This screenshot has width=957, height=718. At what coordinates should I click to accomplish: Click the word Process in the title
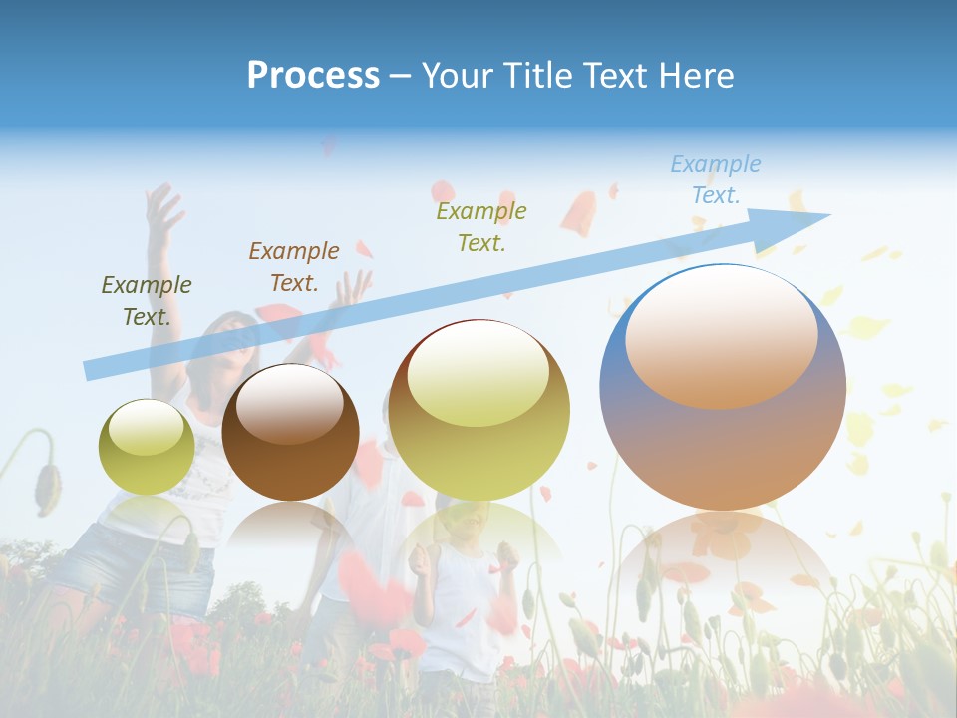click(x=313, y=76)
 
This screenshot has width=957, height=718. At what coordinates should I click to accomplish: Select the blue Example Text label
click(x=715, y=179)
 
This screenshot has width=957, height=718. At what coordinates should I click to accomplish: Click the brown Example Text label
click(x=294, y=267)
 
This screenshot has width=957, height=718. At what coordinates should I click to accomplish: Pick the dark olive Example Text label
click(x=147, y=301)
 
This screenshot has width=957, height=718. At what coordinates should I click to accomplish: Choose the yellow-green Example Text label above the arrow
click(x=481, y=227)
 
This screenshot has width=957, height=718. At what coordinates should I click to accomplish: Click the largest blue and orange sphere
click(x=723, y=439)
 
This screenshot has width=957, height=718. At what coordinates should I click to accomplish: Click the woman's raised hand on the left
click(x=162, y=209)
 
